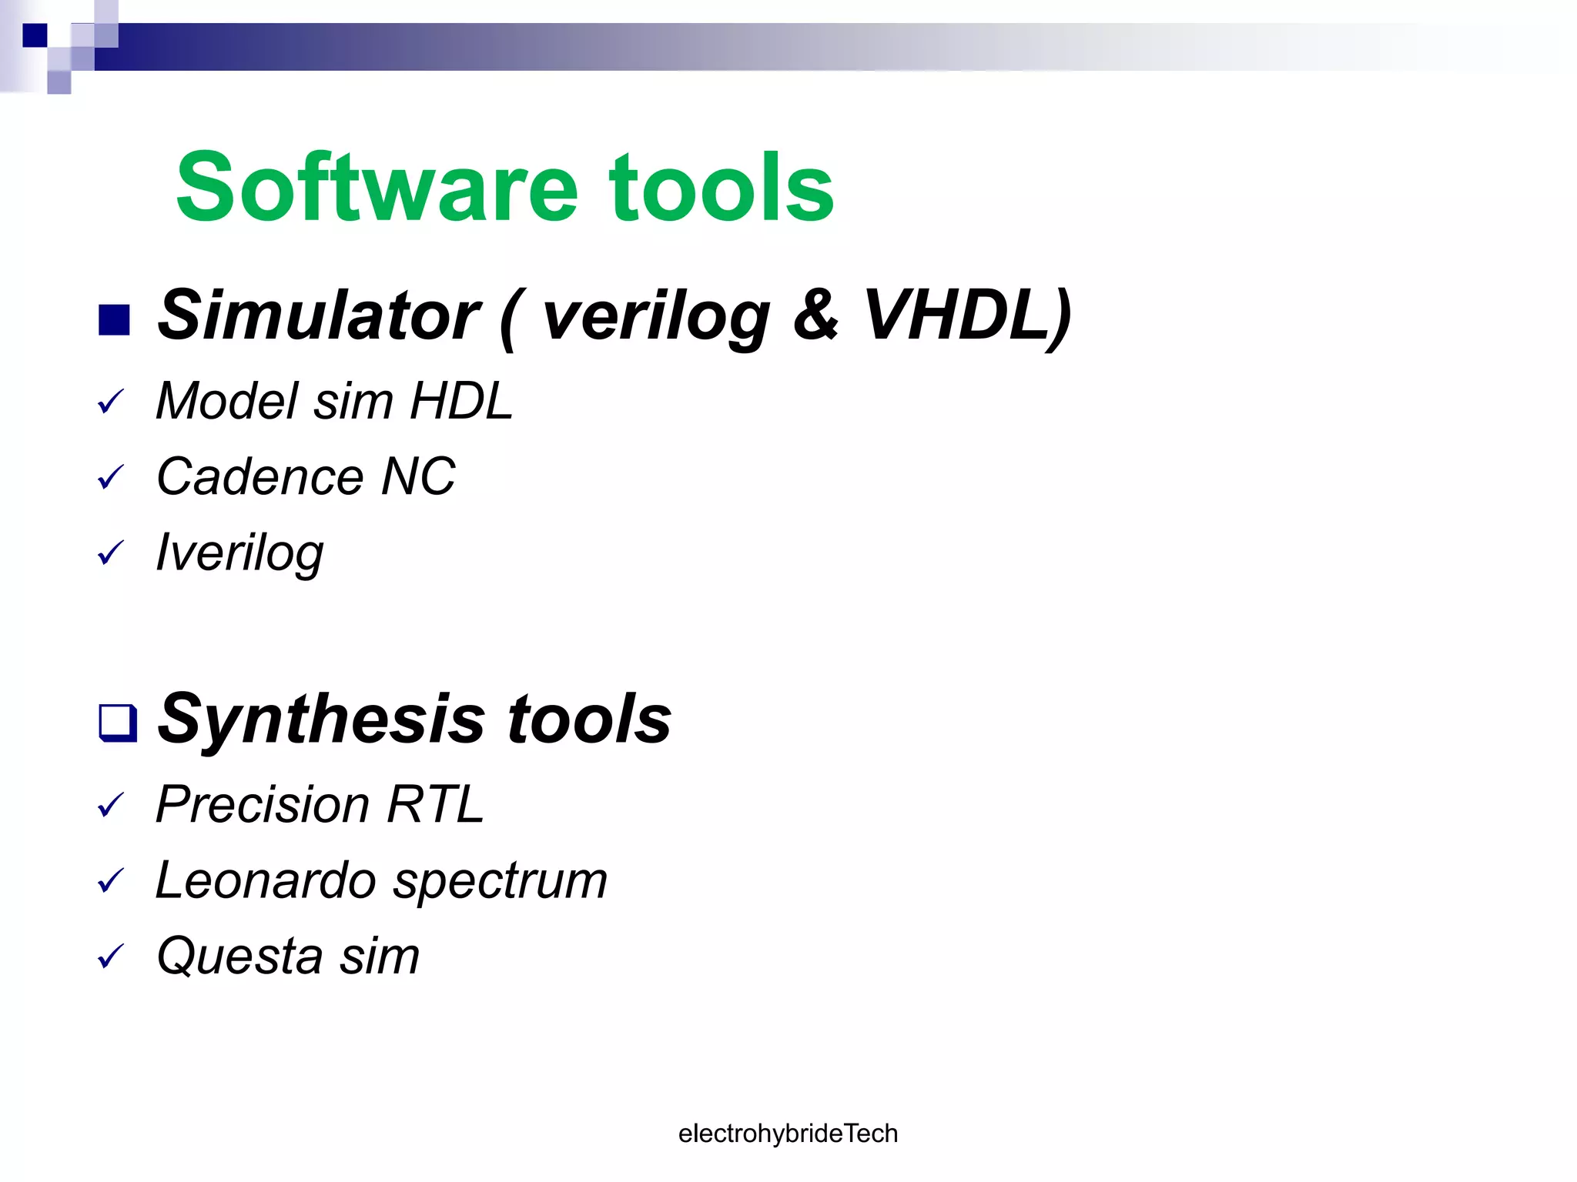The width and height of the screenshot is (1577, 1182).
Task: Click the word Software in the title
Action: pos(377,187)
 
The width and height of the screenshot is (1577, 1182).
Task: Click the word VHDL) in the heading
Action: pos(967,315)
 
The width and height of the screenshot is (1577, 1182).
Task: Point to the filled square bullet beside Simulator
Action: pos(114,321)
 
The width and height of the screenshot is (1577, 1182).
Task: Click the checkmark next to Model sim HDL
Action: pos(111,402)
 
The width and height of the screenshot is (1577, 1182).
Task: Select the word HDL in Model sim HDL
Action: pos(460,401)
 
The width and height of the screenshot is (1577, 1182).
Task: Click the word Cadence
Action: pos(257,476)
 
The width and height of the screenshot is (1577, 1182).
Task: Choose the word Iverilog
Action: pos(239,553)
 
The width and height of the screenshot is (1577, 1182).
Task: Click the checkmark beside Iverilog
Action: pos(111,553)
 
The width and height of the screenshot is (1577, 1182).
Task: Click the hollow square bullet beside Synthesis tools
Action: pos(117,723)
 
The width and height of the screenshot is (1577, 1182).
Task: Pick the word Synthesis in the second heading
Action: pos(321,719)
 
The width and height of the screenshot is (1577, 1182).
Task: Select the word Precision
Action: pos(263,804)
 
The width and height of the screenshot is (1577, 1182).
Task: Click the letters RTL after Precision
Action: pos(435,804)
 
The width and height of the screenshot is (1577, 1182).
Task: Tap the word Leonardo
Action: pos(265,880)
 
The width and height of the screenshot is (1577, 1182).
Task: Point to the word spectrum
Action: pos(501,881)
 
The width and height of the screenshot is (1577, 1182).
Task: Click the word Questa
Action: pos(239,956)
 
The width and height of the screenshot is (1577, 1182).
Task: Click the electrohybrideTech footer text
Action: pos(788,1133)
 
